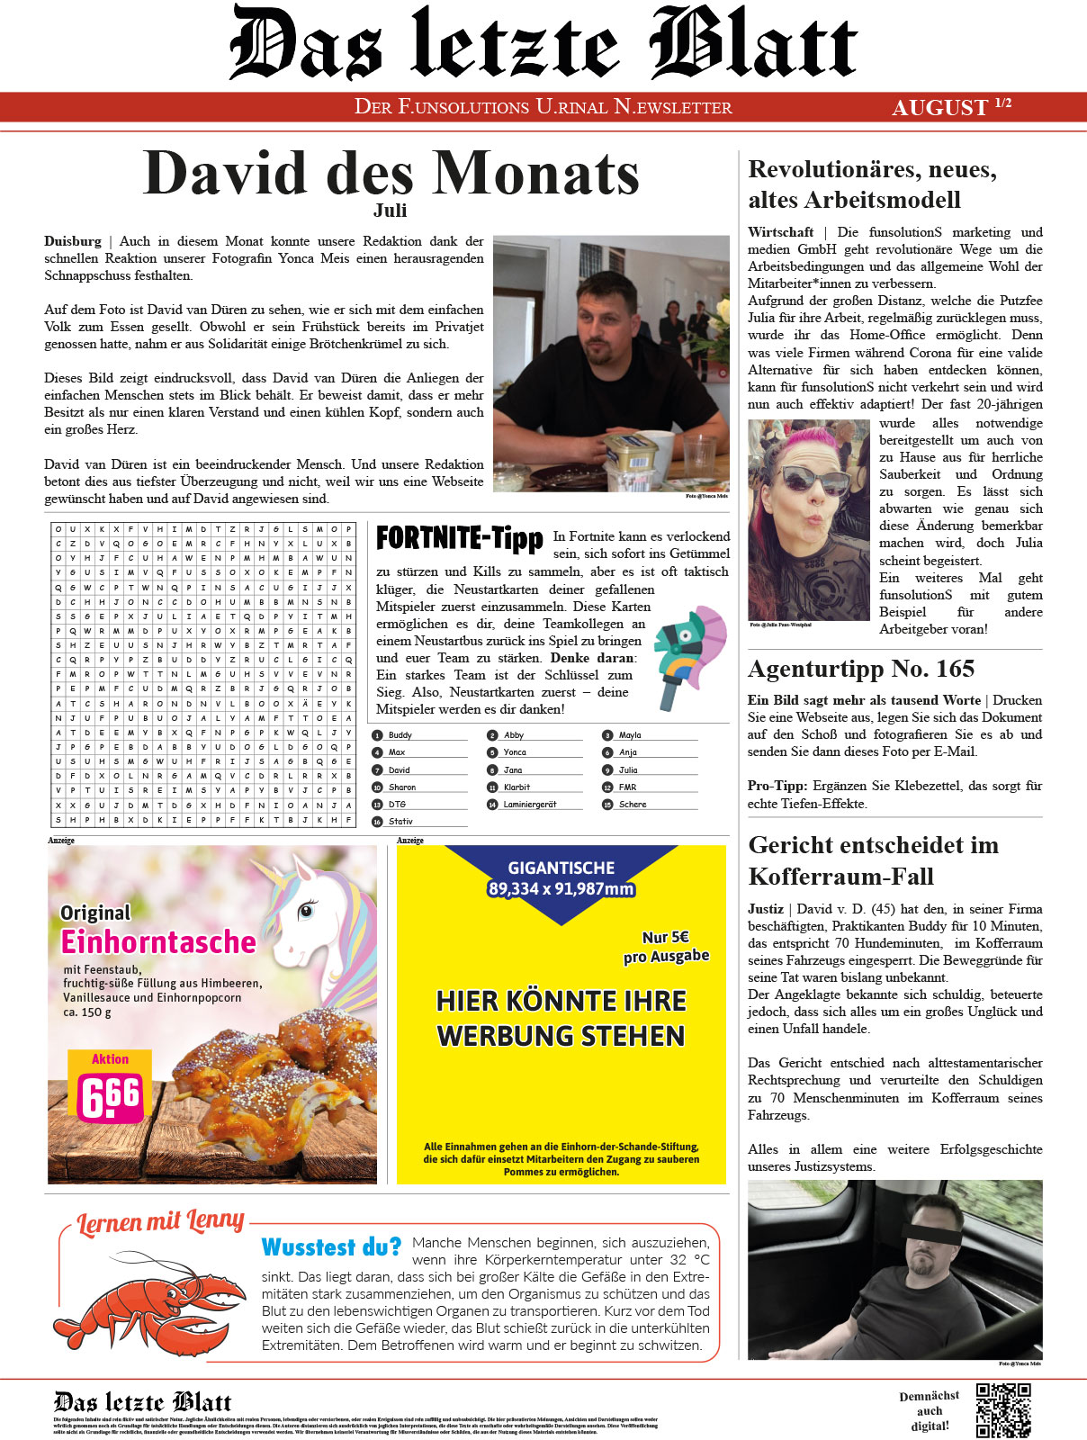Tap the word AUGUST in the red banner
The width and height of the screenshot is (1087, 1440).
click(x=939, y=108)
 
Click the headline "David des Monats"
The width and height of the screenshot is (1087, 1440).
click(x=391, y=173)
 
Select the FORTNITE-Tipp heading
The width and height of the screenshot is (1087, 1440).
click(x=459, y=538)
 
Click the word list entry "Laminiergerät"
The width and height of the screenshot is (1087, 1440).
click(x=530, y=805)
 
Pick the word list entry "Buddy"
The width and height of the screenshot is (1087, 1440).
click(x=400, y=735)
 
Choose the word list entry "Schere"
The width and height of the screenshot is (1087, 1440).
click(x=633, y=805)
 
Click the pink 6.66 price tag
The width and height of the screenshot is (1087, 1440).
click(x=111, y=1096)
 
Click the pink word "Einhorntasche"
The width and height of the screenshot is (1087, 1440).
click(x=158, y=942)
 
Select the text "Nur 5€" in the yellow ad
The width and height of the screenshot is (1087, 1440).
click(x=666, y=937)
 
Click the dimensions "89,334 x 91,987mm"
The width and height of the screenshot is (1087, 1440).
click(x=561, y=889)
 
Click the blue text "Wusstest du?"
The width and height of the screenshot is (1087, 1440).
click(x=331, y=1247)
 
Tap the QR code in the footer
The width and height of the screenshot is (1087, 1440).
click(x=1003, y=1410)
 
